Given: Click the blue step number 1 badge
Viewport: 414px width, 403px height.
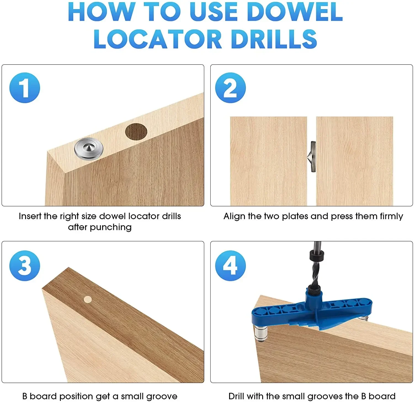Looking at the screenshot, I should pos(25,88).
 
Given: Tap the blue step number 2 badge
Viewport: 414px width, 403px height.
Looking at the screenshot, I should pos(230,88).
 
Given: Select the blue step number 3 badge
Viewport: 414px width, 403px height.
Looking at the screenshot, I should pos(25,266).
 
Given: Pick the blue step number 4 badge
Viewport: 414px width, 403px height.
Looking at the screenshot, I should pos(230,266).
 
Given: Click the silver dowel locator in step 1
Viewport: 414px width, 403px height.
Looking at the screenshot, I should pos(89,149).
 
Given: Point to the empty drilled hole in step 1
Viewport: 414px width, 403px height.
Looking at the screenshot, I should pos(136,132).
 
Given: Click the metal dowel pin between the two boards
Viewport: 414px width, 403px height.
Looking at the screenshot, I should pos(312,157).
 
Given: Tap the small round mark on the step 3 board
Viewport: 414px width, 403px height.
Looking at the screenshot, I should pos(88,299).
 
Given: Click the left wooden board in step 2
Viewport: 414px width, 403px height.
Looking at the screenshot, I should pos(268,161).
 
